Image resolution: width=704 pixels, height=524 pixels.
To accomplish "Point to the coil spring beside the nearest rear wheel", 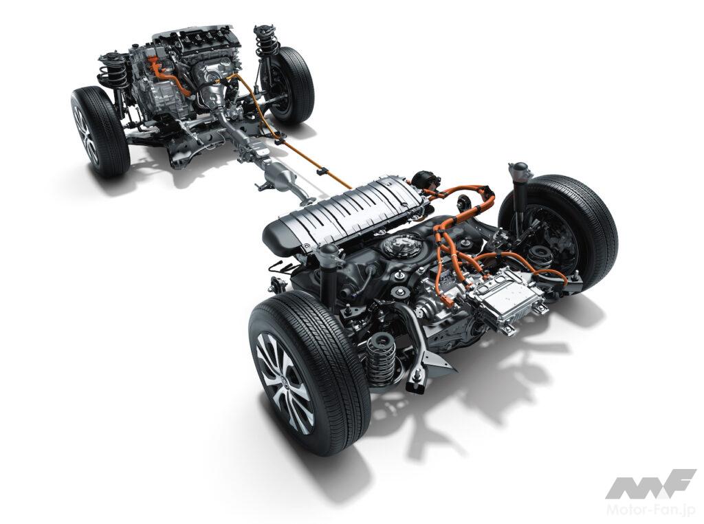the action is [x=381, y=360].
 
